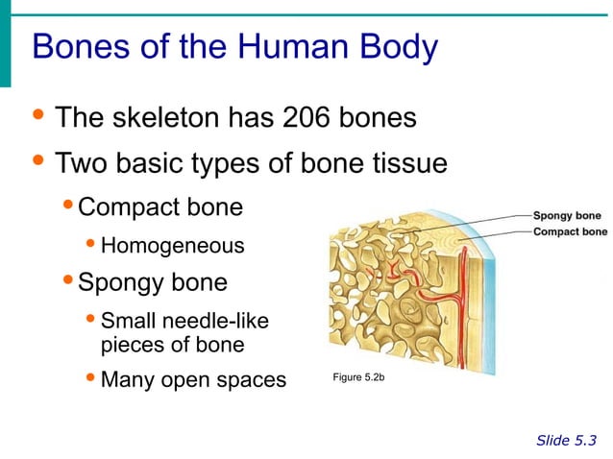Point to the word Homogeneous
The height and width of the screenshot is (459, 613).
172,247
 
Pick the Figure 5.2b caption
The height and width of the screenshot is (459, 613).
358,377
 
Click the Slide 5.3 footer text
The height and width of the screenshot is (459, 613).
566,441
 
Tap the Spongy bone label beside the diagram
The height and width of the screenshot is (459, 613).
567,216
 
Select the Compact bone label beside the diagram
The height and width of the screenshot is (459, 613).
570,231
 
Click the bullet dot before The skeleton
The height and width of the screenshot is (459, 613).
37,117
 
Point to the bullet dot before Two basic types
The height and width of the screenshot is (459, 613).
37,162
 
